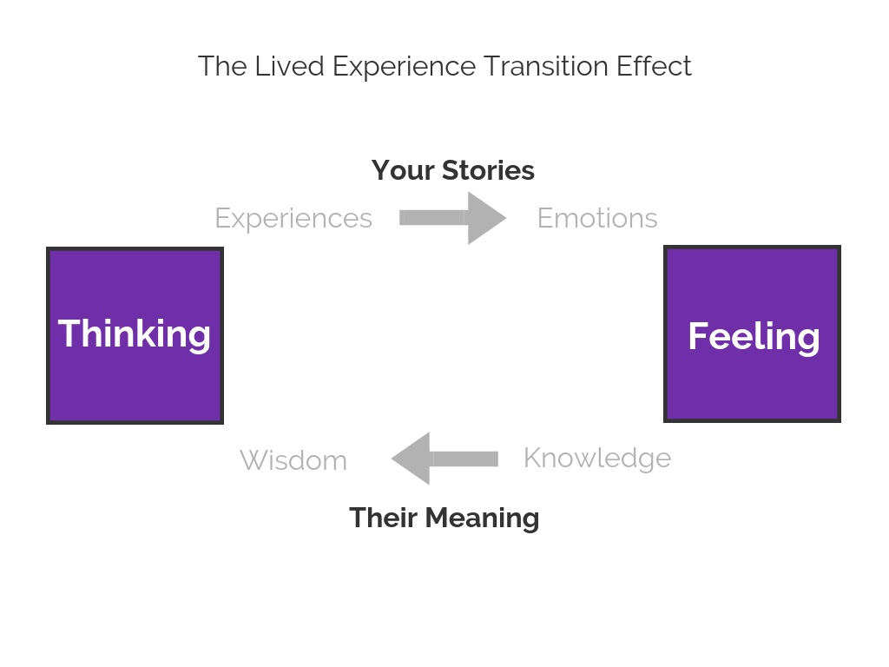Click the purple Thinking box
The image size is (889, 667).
135,335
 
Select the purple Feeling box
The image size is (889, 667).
752,333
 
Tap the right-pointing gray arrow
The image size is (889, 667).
452,218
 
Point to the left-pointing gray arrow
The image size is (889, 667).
444,459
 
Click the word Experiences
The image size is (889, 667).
293,219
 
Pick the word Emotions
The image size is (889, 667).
597,218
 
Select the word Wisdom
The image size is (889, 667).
293,460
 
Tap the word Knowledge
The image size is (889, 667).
597,459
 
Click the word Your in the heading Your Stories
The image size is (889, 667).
403,170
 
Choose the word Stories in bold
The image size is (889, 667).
488,170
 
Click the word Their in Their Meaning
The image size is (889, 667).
383,518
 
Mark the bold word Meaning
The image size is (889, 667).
482,518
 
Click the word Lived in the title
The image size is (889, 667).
290,66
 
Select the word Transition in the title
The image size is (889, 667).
546,66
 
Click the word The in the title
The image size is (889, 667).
222,66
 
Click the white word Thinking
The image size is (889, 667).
135,334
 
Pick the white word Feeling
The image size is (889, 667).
754,337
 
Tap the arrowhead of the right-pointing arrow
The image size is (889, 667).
486,218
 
